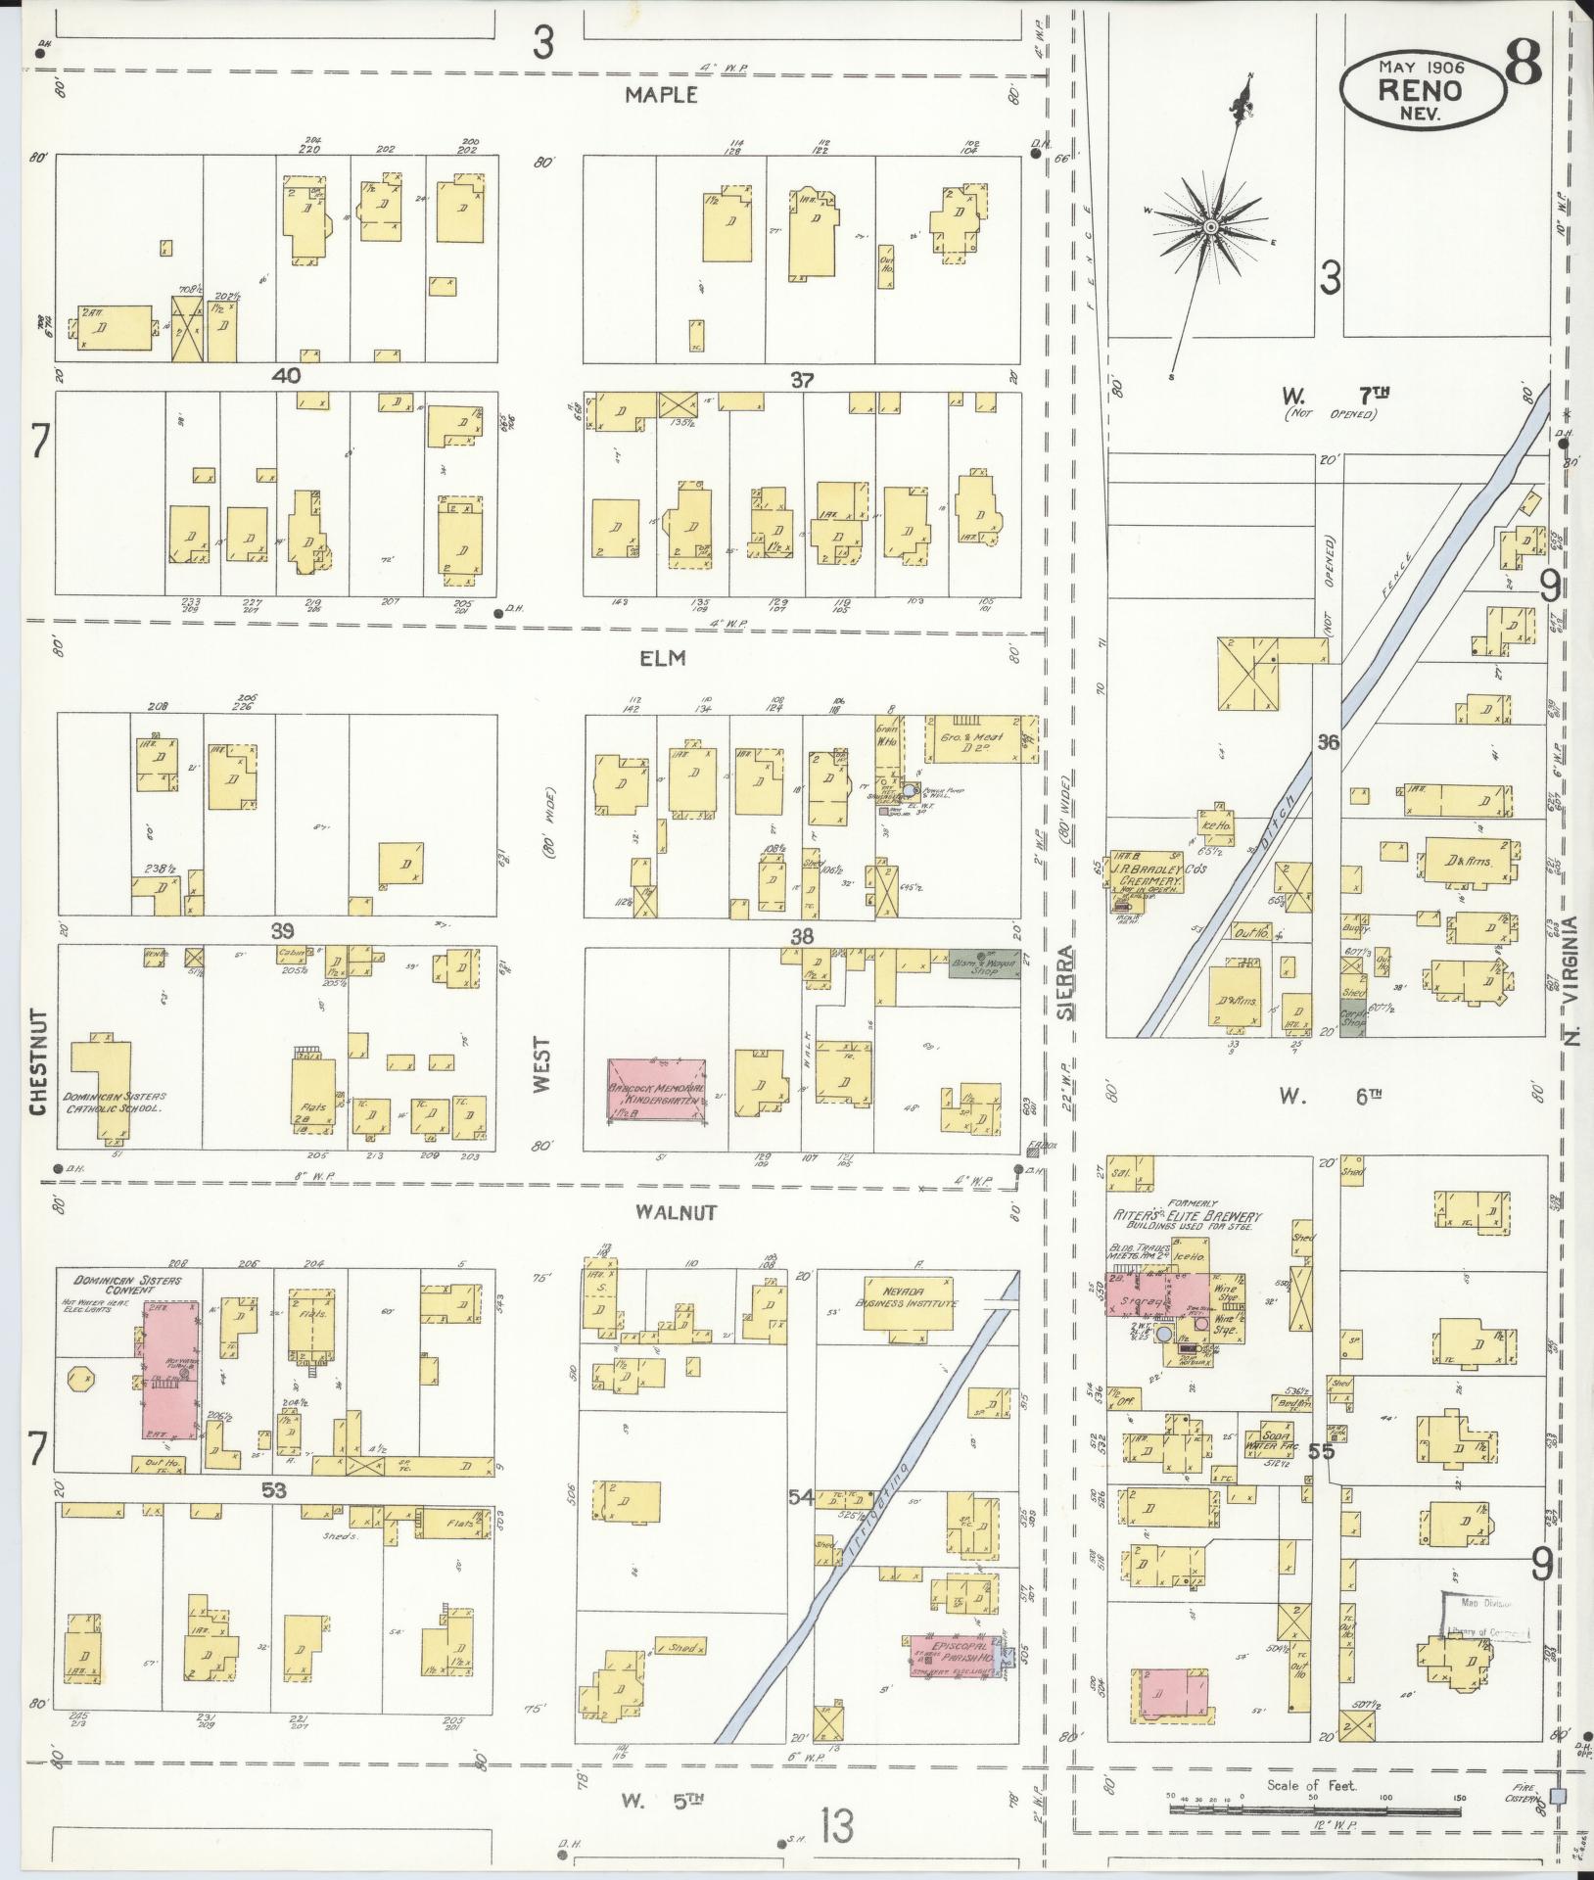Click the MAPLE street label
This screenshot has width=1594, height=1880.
pos(662,95)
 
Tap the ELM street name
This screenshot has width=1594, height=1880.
pos(663,659)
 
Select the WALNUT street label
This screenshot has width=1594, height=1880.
pos(676,1212)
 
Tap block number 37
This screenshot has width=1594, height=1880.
pos(802,380)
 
